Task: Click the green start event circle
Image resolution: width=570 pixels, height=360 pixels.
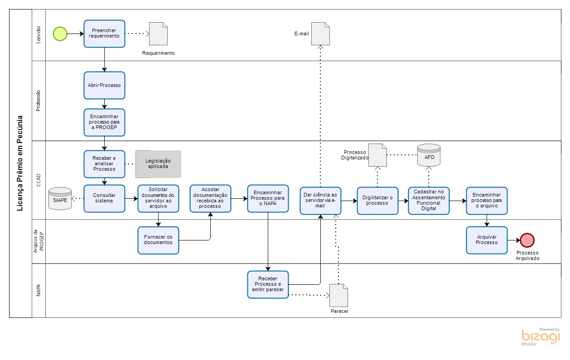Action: click(x=60, y=34)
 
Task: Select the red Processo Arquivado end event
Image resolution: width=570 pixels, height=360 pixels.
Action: click(x=527, y=240)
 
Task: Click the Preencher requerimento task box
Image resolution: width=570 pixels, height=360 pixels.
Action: click(x=104, y=34)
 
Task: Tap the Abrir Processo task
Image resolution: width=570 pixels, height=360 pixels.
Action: click(x=104, y=85)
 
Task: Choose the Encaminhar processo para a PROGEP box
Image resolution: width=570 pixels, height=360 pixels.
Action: click(x=104, y=122)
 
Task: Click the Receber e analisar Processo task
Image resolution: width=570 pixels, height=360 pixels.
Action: click(x=104, y=164)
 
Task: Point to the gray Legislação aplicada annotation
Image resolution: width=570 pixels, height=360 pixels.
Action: click(x=158, y=164)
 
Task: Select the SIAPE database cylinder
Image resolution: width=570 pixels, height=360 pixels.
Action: click(x=60, y=199)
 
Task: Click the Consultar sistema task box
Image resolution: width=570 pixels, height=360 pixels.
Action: click(x=104, y=198)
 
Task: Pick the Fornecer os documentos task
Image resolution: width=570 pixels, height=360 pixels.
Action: click(x=158, y=240)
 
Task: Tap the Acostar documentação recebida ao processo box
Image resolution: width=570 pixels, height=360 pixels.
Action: click(x=210, y=198)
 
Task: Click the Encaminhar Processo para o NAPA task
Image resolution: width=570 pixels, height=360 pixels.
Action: click(x=268, y=198)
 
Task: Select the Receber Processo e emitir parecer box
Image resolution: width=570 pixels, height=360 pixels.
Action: click(x=268, y=284)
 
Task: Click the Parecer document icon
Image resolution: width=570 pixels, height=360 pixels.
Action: click(x=339, y=295)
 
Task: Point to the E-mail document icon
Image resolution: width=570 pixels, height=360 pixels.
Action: click(x=320, y=34)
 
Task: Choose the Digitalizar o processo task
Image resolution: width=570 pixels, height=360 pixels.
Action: click(x=377, y=201)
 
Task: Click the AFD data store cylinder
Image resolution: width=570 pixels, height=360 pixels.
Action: click(x=429, y=155)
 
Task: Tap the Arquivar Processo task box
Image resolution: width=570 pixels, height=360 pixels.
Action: click(x=487, y=240)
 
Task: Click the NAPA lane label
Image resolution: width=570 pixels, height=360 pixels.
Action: click(x=39, y=290)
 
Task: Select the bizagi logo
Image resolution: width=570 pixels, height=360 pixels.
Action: click(x=541, y=336)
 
